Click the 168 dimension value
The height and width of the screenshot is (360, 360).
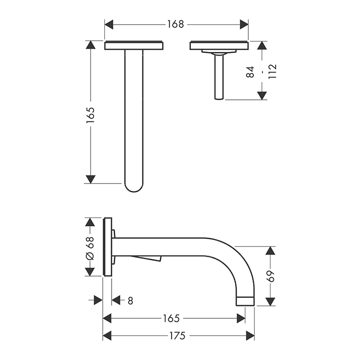click(x=175, y=24)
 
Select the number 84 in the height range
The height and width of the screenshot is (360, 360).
click(x=250, y=72)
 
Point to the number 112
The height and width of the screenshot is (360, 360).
click(x=273, y=71)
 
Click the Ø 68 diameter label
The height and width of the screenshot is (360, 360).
click(x=90, y=248)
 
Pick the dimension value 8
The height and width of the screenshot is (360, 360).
click(x=130, y=300)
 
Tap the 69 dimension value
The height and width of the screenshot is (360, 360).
click(x=270, y=276)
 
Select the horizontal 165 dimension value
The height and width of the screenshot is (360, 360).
click(x=171, y=318)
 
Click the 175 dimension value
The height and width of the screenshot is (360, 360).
click(x=177, y=336)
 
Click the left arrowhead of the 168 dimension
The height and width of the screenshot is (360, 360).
click(x=109, y=24)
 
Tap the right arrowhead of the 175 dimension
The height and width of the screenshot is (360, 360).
click(x=250, y=336)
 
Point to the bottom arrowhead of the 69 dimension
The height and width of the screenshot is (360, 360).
click(x=270, y=302)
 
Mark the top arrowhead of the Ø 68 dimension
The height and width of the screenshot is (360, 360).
click(x=90, y=222)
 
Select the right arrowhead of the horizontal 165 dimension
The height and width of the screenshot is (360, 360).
click(x=241, y=318)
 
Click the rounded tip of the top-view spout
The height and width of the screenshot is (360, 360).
click(x=134, y=191)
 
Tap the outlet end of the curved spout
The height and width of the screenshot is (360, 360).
click(x=245, y=301)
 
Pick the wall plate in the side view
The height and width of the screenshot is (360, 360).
click(x=107, y=247)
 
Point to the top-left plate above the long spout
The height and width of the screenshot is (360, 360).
click(x=134, y=45)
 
